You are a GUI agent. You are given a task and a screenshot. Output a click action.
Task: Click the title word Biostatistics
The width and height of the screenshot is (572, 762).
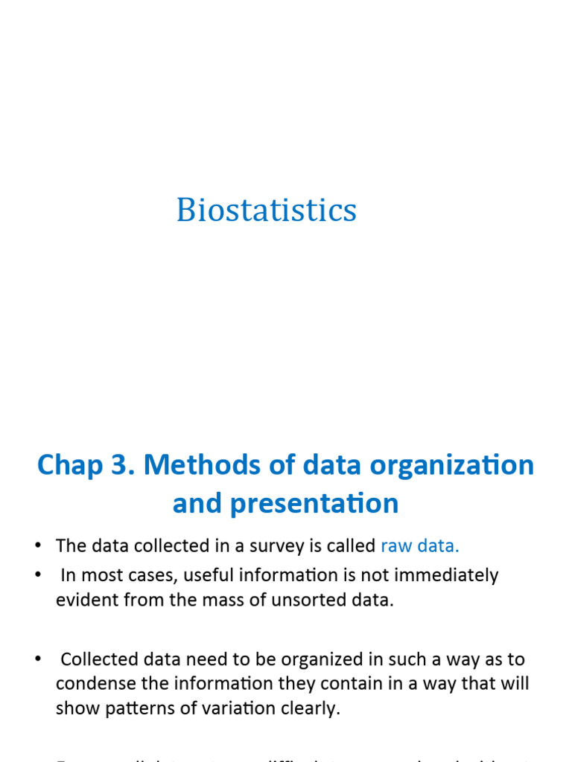(267, 210)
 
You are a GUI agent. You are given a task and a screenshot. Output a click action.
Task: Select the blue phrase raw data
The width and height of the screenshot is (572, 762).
(420, 545)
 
